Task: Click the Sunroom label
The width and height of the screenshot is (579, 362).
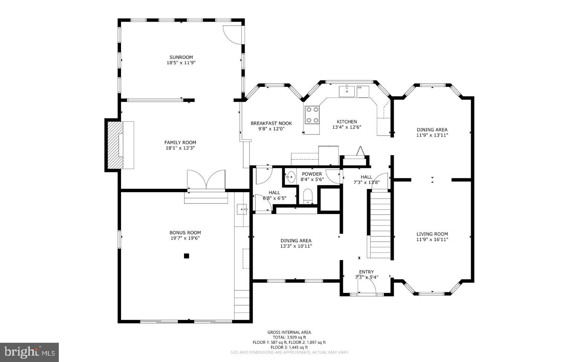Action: tap(181, 57)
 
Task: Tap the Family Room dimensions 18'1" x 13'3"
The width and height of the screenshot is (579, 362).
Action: tap(180, 148)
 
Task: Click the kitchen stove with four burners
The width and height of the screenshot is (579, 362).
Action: tap(312, 115)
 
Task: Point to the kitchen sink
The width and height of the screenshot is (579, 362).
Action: tap(346, 91)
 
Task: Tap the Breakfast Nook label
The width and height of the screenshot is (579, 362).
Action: tap(271, 123)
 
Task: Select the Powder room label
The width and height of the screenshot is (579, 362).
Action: tap(312, 174)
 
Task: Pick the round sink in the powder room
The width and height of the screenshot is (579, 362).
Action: tap(291, 176)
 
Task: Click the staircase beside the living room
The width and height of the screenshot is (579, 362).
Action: tap(380, 225)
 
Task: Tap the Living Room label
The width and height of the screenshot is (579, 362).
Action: tap(432, 234)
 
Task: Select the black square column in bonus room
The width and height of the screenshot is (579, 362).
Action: tap(186, 256)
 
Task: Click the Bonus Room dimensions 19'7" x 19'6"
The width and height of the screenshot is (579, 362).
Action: tap(185, 238)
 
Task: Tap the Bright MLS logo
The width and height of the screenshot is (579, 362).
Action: tap(29, 352)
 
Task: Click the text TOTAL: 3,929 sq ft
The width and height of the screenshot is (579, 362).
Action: tap(289, 337)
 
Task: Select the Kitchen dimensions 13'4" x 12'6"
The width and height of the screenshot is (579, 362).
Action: tap(346, 127)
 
